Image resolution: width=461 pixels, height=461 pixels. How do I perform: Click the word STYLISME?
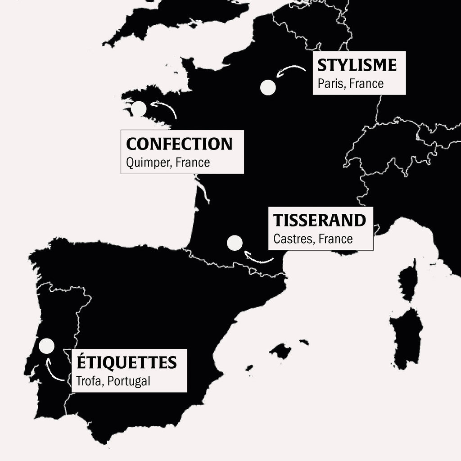coord(357,65)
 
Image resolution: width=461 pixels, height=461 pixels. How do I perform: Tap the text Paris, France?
coord(350,84)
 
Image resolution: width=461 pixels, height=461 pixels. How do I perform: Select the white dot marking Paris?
coord(268,87)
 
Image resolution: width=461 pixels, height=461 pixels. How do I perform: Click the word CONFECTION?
coord(179,144)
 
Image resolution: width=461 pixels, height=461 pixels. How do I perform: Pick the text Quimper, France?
coord(168,163)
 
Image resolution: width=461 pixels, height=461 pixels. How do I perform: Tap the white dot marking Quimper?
coord(139,108)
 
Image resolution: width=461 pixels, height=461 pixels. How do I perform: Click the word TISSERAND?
coord(320,221)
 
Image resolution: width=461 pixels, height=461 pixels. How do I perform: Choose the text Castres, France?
coord(313,239)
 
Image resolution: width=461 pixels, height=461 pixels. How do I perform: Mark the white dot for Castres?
coord(235,243)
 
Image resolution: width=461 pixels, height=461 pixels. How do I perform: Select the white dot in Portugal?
coord(46,346)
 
